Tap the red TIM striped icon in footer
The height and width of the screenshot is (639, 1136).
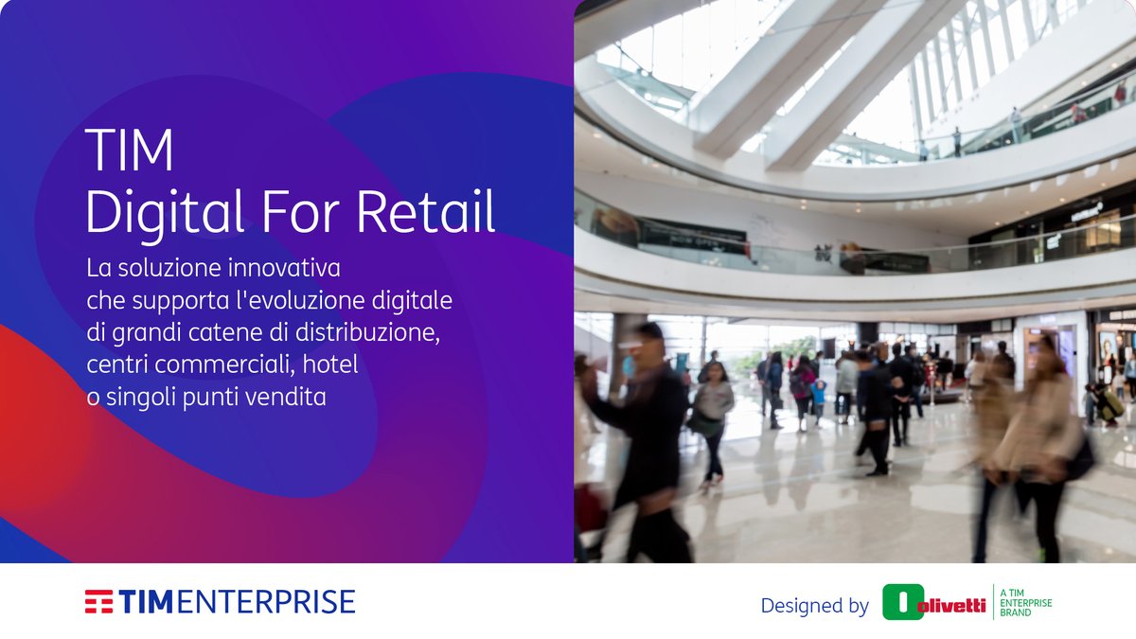[98, 602]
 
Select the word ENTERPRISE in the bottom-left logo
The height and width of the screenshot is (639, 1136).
[267, 602]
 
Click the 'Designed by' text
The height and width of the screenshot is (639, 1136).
[814, 606]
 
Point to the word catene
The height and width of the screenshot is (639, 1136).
[220, 333]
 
